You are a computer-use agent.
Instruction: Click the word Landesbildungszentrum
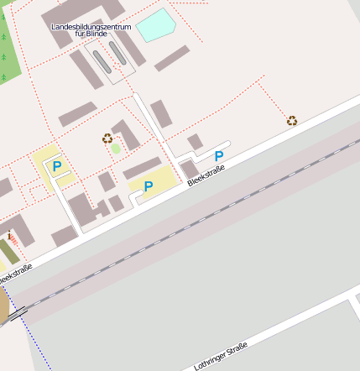pos(91,27)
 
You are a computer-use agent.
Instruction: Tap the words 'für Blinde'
pos(91,34)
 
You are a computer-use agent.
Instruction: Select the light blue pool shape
pos(155,25)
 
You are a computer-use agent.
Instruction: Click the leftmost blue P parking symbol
pos(57,166)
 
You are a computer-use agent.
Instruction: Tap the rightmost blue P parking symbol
pos(219,156)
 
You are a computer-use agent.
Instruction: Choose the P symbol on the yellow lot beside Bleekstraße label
pos(149,186)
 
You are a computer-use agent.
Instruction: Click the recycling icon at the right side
pos(292,121)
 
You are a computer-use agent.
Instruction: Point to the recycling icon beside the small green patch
pos(107,138)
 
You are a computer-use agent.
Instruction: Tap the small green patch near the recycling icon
pos(116,149)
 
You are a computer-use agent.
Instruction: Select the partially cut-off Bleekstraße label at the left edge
pos(14,274)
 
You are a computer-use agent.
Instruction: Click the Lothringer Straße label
pos(221,356)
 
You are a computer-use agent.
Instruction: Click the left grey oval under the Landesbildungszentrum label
pos(101,61)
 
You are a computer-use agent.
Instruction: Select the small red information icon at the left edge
pos(8,238)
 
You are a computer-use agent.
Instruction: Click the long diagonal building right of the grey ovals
pos(172,58)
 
